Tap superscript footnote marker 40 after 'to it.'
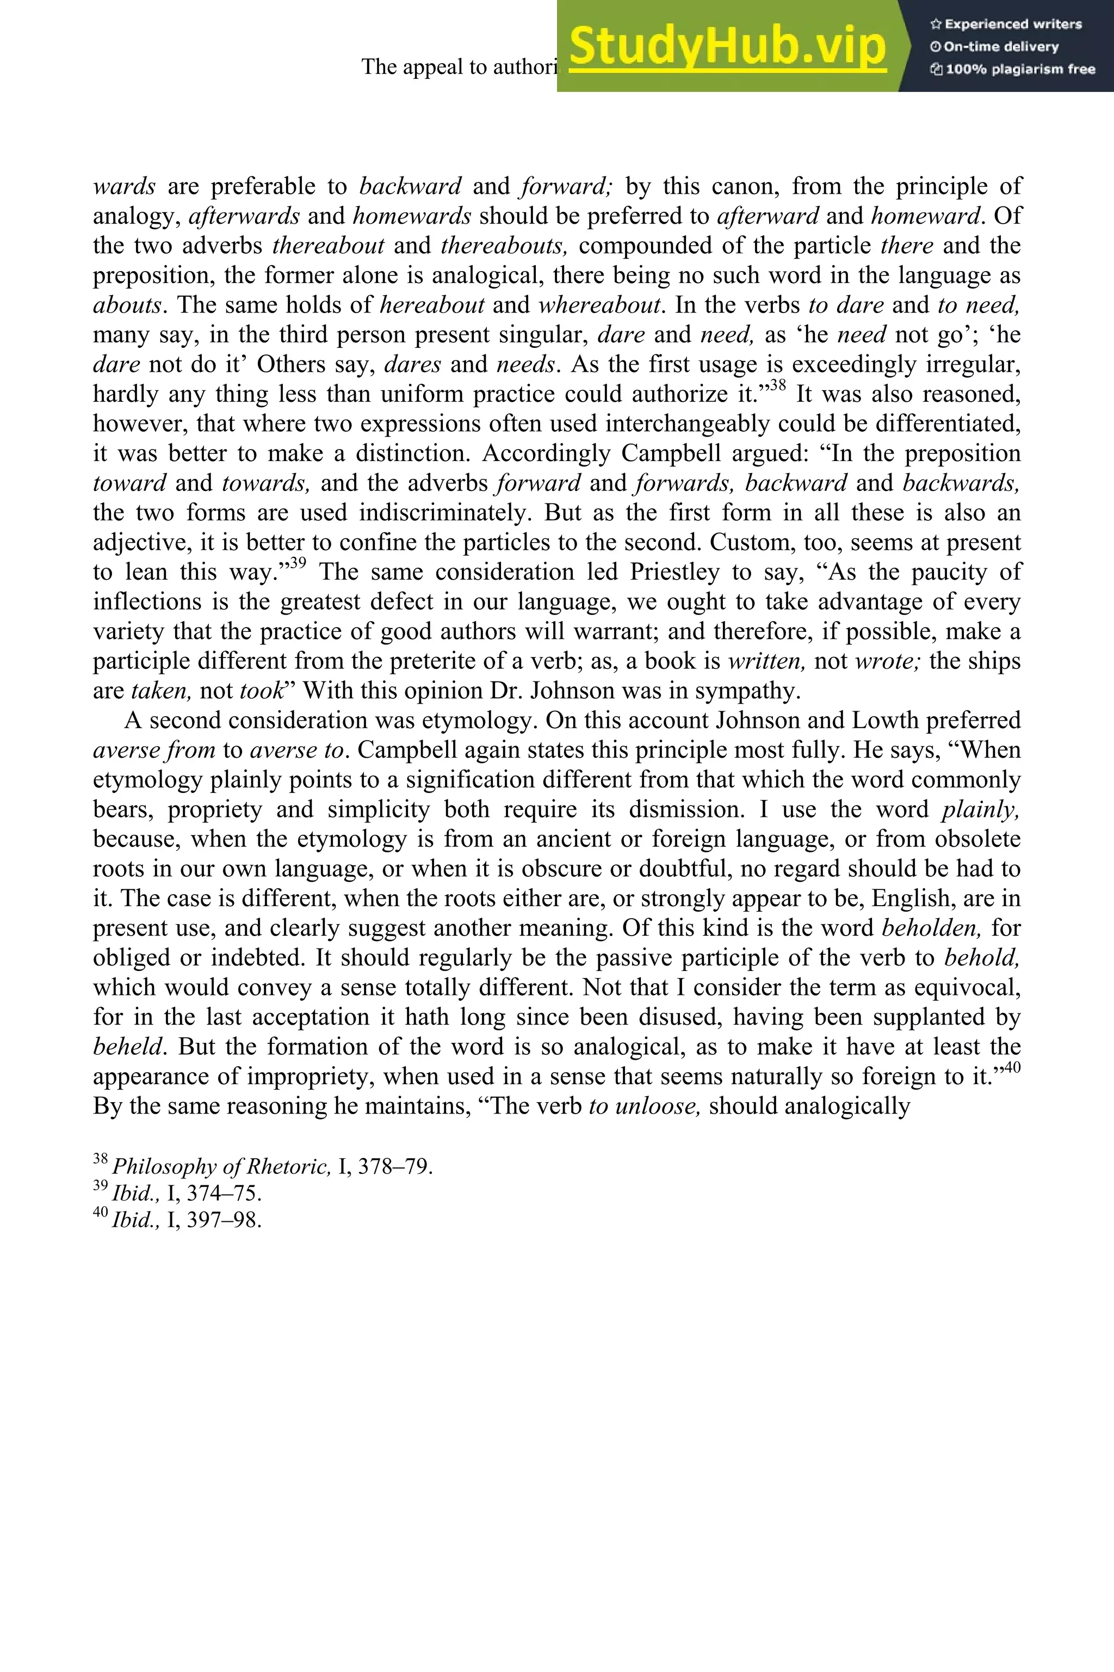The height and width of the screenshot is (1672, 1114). click(1012, 1068)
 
